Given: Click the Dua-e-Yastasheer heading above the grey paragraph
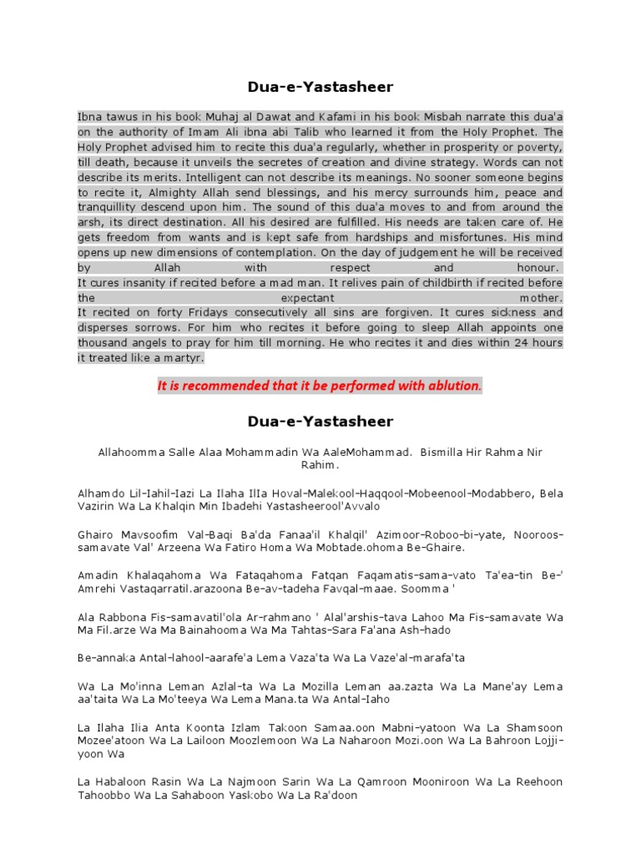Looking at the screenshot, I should [x=320, y=86].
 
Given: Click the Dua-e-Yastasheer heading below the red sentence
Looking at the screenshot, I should [x=320, y=422].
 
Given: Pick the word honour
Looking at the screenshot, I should [x=539, y=267].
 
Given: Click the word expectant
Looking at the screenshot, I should [x=307, y=297].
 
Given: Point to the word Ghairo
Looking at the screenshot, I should [x=94, y=534].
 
